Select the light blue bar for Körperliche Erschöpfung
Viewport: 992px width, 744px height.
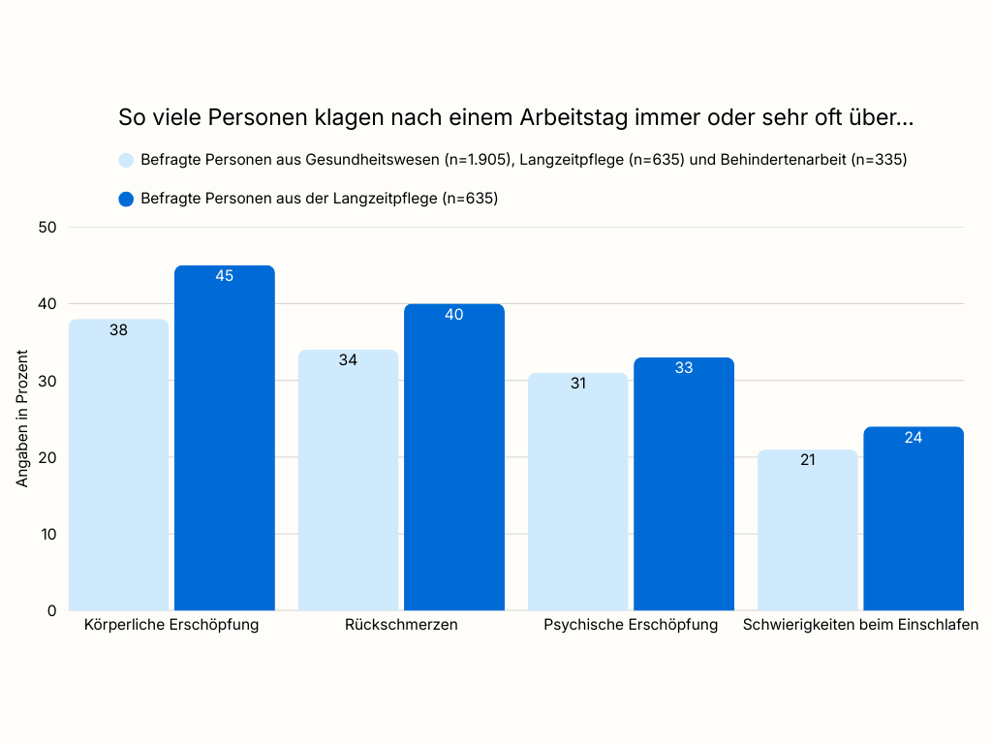click(x=118, y=465)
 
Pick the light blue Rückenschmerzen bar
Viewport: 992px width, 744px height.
click(x=348, y=480)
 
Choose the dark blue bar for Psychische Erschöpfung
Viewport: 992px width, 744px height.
click(x=684, y=484)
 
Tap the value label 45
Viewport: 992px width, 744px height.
click(x=225, y=276)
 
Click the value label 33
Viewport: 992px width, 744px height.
click(x=684, y=368)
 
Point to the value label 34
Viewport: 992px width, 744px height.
click(x=348, y=360)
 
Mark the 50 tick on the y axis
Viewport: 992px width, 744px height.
click(x=47, y=228)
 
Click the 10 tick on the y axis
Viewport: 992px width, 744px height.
click(x=47, y=534)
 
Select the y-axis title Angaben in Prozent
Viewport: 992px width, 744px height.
click(x=22, y=418)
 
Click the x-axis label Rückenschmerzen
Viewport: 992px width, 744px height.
click(x=401, y=625)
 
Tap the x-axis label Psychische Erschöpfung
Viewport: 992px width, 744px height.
click(x=631, y=625)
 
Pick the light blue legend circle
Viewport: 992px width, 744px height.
click(x=126, y=160)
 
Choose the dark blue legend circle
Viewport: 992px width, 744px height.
click(x=126, y=199)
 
